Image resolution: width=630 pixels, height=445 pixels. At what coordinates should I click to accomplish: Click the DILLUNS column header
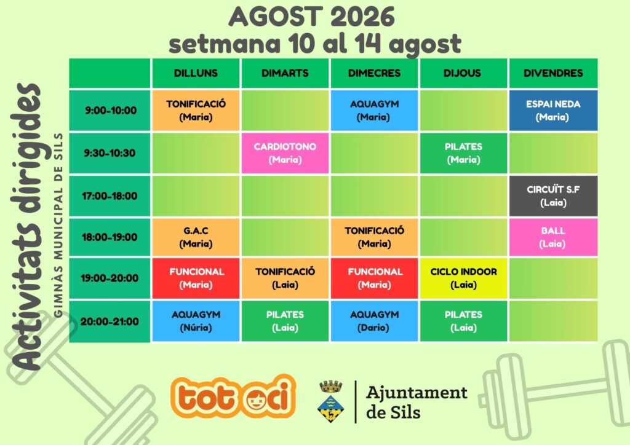pyautogui.click(x=196, y=73)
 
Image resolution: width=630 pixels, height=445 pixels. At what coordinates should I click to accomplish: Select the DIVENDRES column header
pyautogui.click(x=553, y=73)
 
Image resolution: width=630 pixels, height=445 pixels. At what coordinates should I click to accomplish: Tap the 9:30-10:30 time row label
pyautogui.click(x=110, y=153)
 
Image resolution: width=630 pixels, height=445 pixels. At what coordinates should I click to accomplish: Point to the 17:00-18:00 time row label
pyautogui.click(x=110, y=196)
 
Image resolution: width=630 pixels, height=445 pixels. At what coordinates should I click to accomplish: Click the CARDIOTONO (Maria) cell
pyautogui.click(x=285, y=153)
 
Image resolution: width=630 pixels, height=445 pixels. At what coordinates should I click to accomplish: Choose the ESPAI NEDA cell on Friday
pyautogui.click(x=553, y=111)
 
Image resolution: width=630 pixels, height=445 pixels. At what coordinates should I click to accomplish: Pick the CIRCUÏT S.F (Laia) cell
pyautogui.click(x=553, y=196)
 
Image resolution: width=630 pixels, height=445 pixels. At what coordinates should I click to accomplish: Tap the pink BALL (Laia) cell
pyautogui.click(x=553, y=237)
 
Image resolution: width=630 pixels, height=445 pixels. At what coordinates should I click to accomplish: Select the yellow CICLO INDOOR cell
pyautogui.click(x=463, y=278)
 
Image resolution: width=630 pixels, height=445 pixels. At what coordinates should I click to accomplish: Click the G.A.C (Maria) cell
pyautogui.click(x=196, y=237)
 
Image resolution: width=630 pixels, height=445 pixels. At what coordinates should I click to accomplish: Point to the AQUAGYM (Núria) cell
pyautogui.click(x=196, y=321)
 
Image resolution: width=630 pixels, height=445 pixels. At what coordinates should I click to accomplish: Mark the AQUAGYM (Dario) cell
pyautogui.click(x=374, y=321)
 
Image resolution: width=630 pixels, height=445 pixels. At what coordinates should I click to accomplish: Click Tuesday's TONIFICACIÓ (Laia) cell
pyautogui.click(x=285, y=278)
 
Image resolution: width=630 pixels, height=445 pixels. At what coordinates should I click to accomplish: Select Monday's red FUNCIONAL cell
pyautogui.click(x=196, y=278)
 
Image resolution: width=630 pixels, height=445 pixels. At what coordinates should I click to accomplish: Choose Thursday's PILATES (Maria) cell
pyautogui.click(x=463, y=153)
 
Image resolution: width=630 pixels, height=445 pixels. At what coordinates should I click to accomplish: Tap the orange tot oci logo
pyautogui.click(x=233, y=396)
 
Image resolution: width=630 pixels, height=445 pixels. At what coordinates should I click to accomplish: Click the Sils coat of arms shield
pyautogui.click(x=330, y=408)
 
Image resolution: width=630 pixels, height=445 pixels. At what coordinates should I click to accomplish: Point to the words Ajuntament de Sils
pyautogui.click(x=417, y=402)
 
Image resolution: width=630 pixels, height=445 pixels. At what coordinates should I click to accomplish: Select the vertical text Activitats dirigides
pyautogui.click(x=26, y=227)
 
